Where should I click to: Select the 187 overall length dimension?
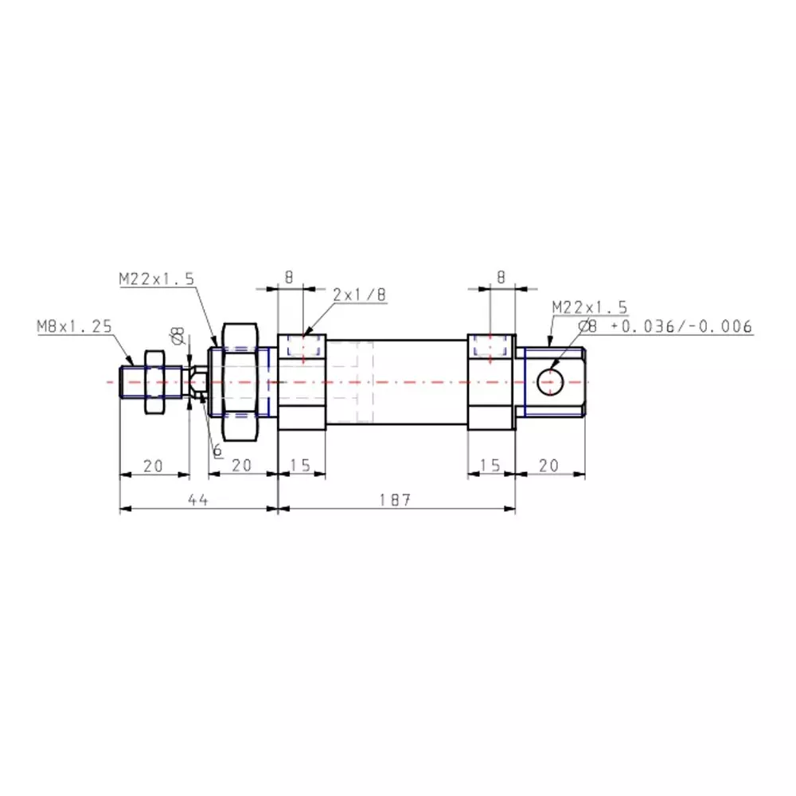pyautogui.click(x=395, y=500)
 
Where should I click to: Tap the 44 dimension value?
pyautogui.click(x=198, y=500)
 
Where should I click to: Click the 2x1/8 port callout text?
pyautogui.click(x=360, y=295)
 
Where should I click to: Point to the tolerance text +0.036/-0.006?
pyautogui.click(x=681, y=326)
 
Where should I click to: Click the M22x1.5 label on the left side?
pyautogui.click(x=157, y=279)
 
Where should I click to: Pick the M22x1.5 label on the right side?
pyautogui.click(x=590, y=307)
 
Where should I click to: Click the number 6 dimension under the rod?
pyautogui.click(x=217, y=451)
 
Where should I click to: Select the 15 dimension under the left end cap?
pyautogui.click(x=300, y=466)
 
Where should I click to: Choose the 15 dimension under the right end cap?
pyautogui.click(x=491, y=466)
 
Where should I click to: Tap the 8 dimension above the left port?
pyautogui.click(x=289, y=278)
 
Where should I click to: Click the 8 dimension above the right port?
pyautogui.click(x=501, y=278)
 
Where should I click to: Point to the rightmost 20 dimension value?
pyautogui.click(x=549, y=466)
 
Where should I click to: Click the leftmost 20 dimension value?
pyautogui.click(x=153, y=466)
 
